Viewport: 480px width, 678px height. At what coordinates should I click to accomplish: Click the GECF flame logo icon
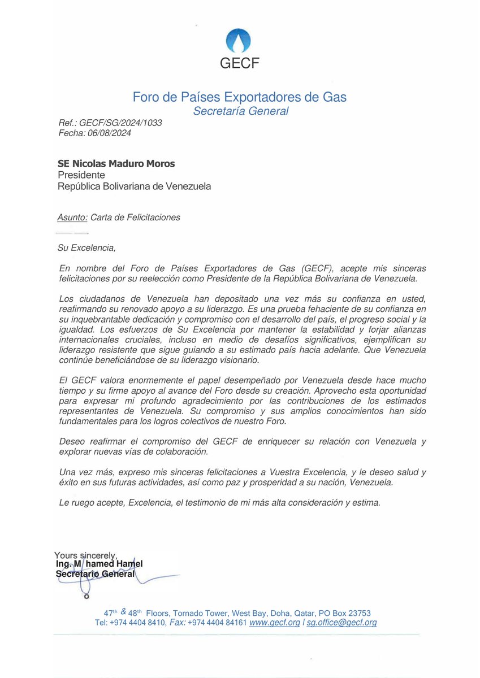(x=239, y=40)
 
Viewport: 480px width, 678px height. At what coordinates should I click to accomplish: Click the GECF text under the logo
(x=239, y=63)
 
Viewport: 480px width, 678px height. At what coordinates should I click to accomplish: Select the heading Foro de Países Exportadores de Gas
(x=240, y=97)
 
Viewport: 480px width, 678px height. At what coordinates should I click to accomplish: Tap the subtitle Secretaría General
(x=240, y=111)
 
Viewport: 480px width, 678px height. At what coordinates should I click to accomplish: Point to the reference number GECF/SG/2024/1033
(x=120, y=123)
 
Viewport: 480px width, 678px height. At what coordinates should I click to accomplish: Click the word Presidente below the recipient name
(x=81, y=175)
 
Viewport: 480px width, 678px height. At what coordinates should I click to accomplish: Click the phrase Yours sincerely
(x=85, y=555)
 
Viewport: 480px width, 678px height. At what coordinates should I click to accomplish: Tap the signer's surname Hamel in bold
(x=129, y=564)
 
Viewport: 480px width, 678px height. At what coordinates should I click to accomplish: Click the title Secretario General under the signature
(x=96, y=574)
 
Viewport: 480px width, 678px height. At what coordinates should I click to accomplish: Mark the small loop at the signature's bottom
(x=86, y=596)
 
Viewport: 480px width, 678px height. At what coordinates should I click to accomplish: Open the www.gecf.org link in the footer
(x=275, y=623)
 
